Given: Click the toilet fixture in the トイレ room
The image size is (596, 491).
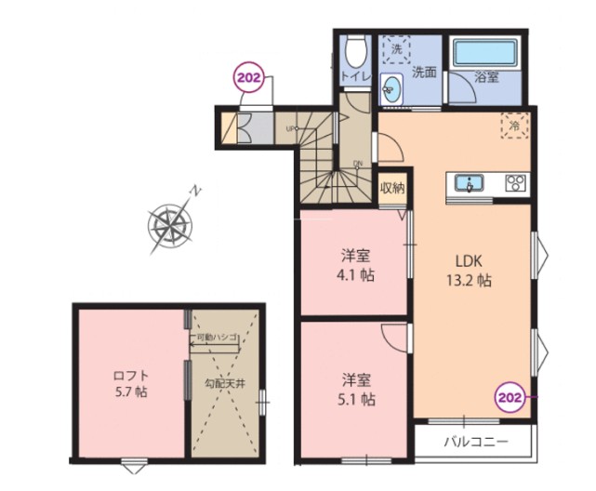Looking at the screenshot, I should [355, 47].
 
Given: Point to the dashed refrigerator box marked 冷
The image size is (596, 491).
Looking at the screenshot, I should [513, 125].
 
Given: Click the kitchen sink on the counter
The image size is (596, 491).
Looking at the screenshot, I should [471, 182].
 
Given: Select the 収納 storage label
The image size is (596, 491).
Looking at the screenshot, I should [392, 186].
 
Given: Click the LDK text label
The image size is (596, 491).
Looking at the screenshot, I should [470, 260].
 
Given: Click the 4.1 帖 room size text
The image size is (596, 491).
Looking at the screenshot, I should [355, 275].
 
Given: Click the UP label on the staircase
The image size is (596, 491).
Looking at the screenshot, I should [292, 128].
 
